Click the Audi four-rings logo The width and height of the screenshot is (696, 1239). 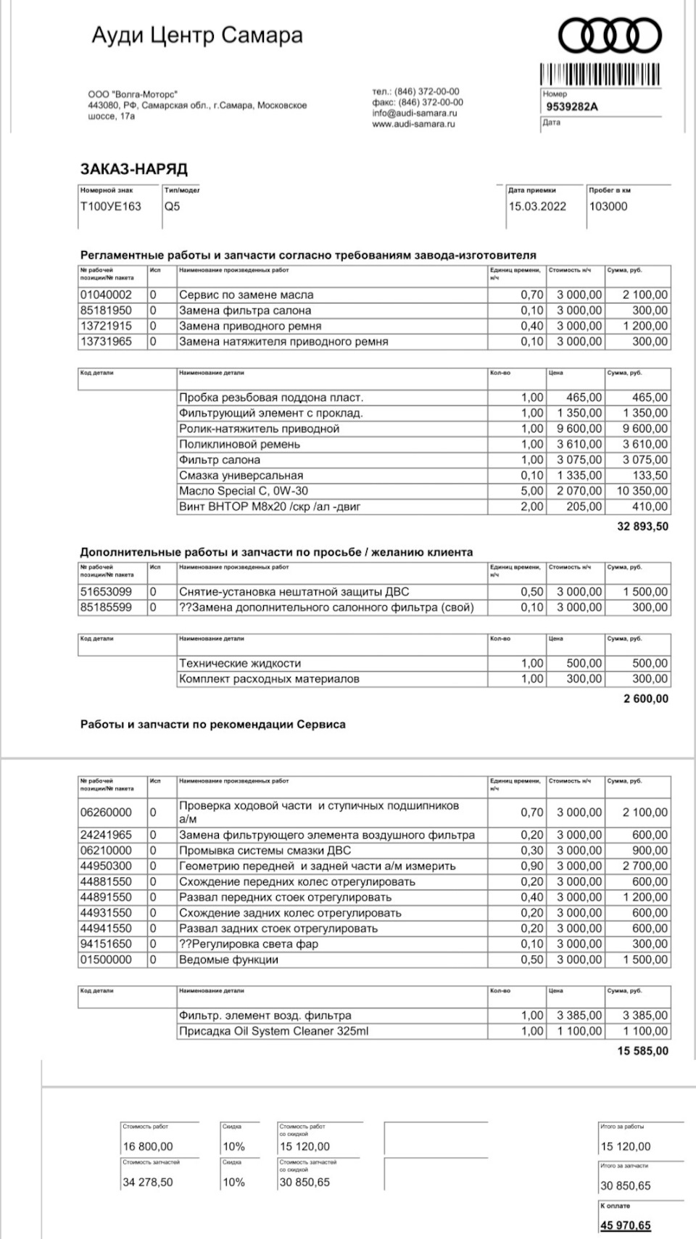click(x=609, y=35)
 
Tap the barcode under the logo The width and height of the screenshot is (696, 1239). click(x=600, y=75)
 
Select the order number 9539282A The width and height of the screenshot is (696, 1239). click(x=572, y=107)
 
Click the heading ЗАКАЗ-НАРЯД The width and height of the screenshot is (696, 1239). click(x=133, y=169)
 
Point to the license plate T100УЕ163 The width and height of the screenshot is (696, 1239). click(x=110, y=206)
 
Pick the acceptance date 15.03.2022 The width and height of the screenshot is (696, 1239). click(x=537, y=206)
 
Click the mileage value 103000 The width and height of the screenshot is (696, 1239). click(x=608, y=206)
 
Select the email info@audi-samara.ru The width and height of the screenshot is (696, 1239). click(x=415, y=113)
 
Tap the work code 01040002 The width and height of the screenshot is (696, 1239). click(x=106, y=295)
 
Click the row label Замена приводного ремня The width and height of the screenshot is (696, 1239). click(x=250, y=326)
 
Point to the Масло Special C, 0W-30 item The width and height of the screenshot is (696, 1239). click(x=244, y=491)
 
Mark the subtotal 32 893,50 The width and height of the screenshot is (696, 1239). click(x=642, y=527)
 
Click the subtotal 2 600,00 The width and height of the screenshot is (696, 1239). click(x=645, y=699)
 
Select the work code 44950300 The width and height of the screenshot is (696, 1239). click(x=106, y=866)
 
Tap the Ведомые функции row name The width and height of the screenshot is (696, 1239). click(x=228, y=960)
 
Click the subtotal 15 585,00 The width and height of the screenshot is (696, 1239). click(x=643, y=1051)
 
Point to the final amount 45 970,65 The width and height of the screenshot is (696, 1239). click(x=625, y=1225)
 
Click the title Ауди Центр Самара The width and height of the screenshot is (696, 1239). click(x=197, y=35)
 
